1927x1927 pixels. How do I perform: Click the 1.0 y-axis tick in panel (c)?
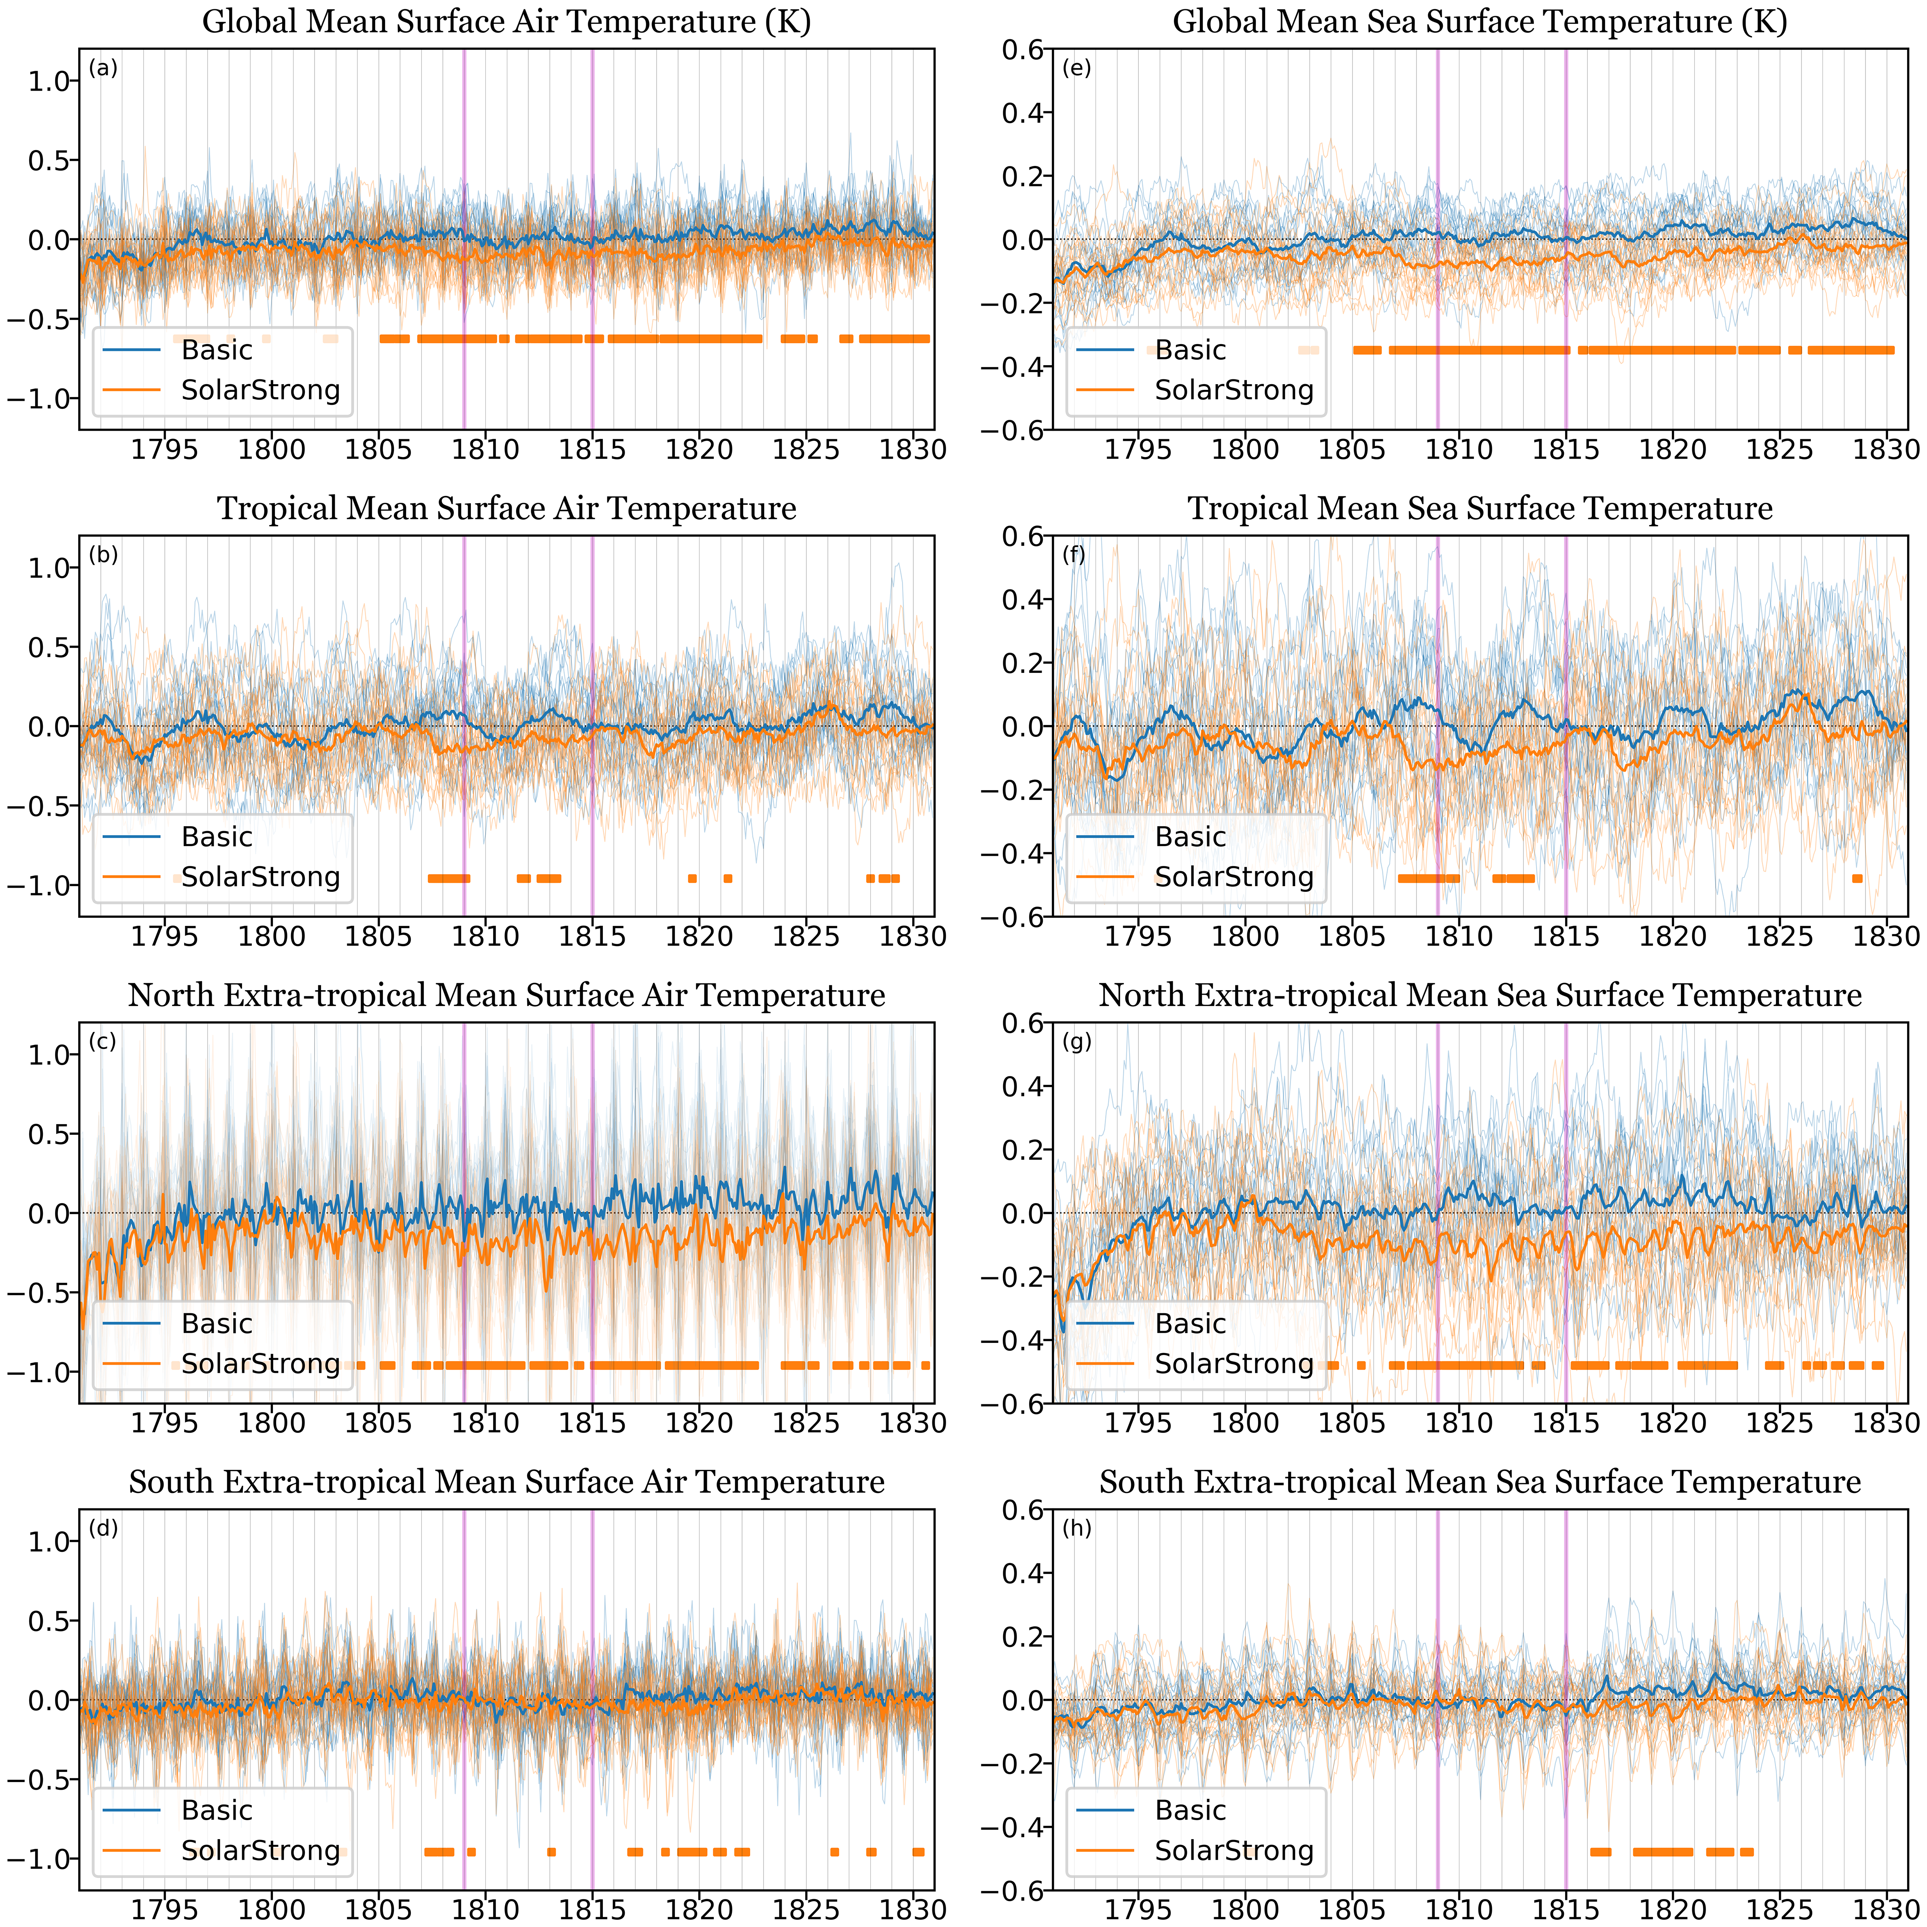point(48,1055)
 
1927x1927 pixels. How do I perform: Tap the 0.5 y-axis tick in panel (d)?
point(48,1621)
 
